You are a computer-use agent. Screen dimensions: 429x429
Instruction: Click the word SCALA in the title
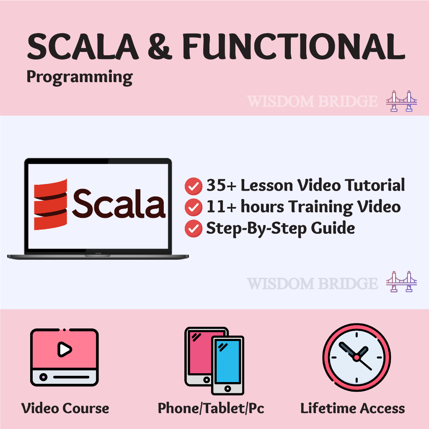83,46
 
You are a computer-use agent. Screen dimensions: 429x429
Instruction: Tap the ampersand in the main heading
160,47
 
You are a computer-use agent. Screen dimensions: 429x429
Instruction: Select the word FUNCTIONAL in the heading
294,46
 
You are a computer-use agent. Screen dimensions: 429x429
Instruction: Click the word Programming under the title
80,78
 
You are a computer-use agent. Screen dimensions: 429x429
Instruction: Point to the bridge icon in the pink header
401,101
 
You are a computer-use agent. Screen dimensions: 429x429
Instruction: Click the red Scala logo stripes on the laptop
50,204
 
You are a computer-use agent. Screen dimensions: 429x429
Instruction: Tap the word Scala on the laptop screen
119,204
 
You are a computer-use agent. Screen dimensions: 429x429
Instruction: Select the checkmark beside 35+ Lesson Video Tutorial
194,186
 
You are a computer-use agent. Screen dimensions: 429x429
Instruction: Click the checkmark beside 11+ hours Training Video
194,207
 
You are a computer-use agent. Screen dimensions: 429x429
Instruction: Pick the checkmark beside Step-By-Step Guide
194,228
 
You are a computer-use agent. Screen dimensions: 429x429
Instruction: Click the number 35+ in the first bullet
221,185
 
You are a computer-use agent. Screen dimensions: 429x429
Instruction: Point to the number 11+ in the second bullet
221,207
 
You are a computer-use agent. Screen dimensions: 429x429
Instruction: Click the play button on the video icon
65,349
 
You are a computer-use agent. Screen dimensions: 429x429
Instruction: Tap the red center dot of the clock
357,357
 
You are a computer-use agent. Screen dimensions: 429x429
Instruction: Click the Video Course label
65,408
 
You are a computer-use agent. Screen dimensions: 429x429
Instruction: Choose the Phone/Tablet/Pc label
211,408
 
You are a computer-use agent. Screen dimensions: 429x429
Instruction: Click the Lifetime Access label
353,408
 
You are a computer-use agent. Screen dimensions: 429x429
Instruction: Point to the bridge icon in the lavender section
401,282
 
